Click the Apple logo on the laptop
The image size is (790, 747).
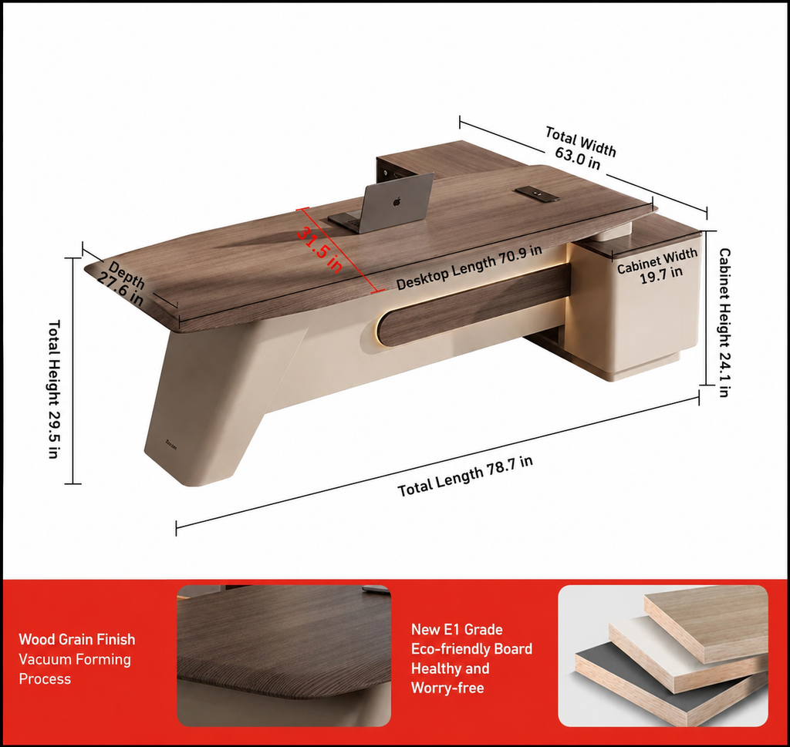pos(397,202)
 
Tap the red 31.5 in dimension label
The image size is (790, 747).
pos(319,249)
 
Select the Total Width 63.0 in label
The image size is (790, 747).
pos(579,149)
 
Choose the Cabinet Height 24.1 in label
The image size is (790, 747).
pos(724,322)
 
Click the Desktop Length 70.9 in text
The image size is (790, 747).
pos(469,268)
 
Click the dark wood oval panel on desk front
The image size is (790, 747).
pos(474,307)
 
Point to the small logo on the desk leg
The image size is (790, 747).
pos(170,443)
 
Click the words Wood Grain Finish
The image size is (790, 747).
pos(77,639)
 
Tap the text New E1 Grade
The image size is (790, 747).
pos(457,630)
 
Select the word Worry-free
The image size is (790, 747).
pos(447,688)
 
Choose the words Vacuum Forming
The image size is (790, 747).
pos(75,659)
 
